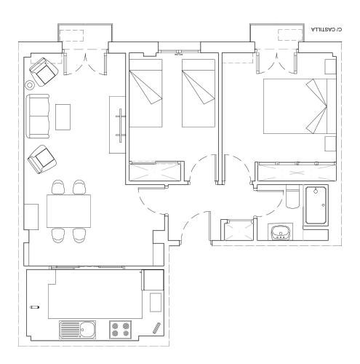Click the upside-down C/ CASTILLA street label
click(327, 29)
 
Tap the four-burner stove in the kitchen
click(120, 330)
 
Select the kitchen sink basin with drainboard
click(77, 330)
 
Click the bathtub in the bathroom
click(315, 205)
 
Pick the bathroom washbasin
click(280, 232)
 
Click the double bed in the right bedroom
click(300, 106)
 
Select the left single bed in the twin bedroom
click(145, 93)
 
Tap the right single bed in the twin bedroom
click(199, 93)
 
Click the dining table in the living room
click(68, 211)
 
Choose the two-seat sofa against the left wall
click(38, 116)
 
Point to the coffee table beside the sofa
click(63, 117)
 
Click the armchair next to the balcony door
click(44, 71)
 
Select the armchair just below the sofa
click(42, 159)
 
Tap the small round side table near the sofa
click(30, 85)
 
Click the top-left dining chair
click(58, 187)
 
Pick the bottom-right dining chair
click(79, 235)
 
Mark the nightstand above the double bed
click(330, 66)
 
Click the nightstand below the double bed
click(330, 143)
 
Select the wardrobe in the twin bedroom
click(155, 172)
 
